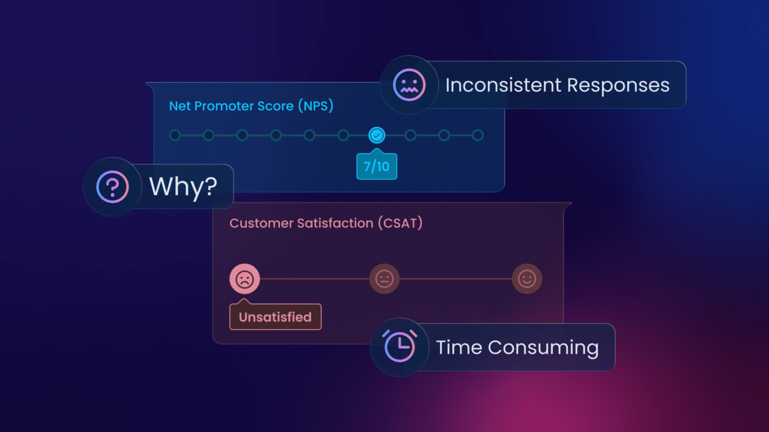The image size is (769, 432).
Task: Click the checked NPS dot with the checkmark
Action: tap(377, 136)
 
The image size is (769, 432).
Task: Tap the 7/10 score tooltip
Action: tap(377, 166)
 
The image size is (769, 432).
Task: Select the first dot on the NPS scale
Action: tap(175, 136)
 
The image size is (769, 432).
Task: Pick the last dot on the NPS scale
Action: tap(478, 136)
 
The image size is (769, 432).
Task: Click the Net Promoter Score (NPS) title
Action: tap(251, 106)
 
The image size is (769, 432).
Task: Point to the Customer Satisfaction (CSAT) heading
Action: tap(326, 223)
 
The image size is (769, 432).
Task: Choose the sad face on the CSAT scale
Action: tap(245, 279)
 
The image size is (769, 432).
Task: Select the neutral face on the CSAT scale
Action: tap(384, 279)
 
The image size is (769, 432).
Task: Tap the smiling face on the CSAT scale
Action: tap(527, 279)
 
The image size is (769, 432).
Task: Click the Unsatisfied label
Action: tap(275, 317)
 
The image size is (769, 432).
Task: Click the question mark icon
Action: tap(112, 187)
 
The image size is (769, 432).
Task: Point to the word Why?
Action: tap(183, 187)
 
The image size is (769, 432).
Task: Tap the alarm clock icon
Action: tap(400, 347)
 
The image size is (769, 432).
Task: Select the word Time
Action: tap(459, 347)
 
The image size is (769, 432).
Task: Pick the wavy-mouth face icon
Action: tap(409, 85)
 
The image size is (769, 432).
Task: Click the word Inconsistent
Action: tap(503, 85)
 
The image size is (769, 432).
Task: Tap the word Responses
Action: tap(618, 85)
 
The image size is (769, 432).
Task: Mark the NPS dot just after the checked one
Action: tap(410, 136)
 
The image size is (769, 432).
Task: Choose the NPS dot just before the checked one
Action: tap(343, 136)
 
